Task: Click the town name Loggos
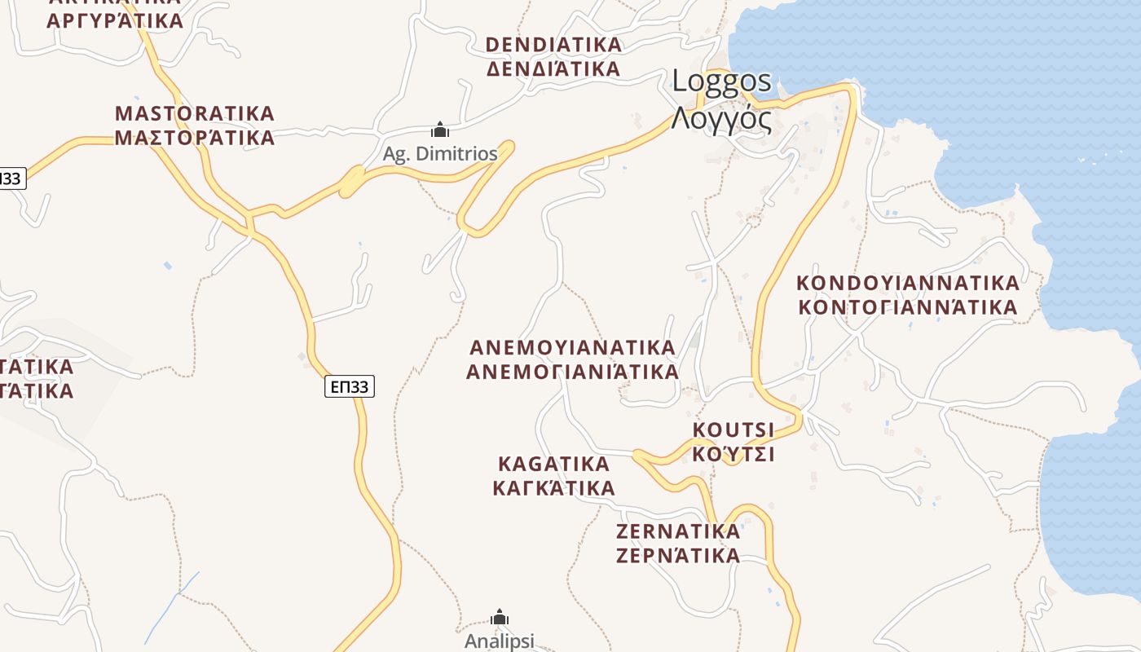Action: click(x=721, y=81)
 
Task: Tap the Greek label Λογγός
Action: click(x=721, y=119)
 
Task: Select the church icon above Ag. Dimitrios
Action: click(x=440, y=130)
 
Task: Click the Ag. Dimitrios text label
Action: click(x=440, y=153)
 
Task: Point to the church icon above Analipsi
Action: click(x=500, y=618)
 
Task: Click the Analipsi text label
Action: click(x=500, y=641)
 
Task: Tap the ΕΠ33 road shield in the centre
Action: click(x=350, y=386)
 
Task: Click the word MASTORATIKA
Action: click(x=195, y=113)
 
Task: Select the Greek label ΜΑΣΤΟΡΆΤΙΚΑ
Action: click(x=195, y=138)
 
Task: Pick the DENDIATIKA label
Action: click(x=554, y=44)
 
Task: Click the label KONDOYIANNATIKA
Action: click(x=908, y=283)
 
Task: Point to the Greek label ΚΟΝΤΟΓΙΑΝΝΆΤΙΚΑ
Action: click(x=908, y=307)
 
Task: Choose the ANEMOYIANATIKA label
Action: click(x=573, y=347)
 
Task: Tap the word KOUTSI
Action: click(x=733, y=430)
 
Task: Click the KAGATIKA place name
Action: click(x=553, y=464)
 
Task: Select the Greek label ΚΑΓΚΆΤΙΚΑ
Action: click(x=553, y=488)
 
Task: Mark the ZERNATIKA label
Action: click(x=678, y=531)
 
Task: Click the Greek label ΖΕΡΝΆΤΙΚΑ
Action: click(x=678, y=556)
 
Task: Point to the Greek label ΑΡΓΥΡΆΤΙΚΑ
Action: click(x=115, y=20)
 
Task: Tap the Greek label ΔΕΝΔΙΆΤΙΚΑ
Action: click(x=554, y=68)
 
